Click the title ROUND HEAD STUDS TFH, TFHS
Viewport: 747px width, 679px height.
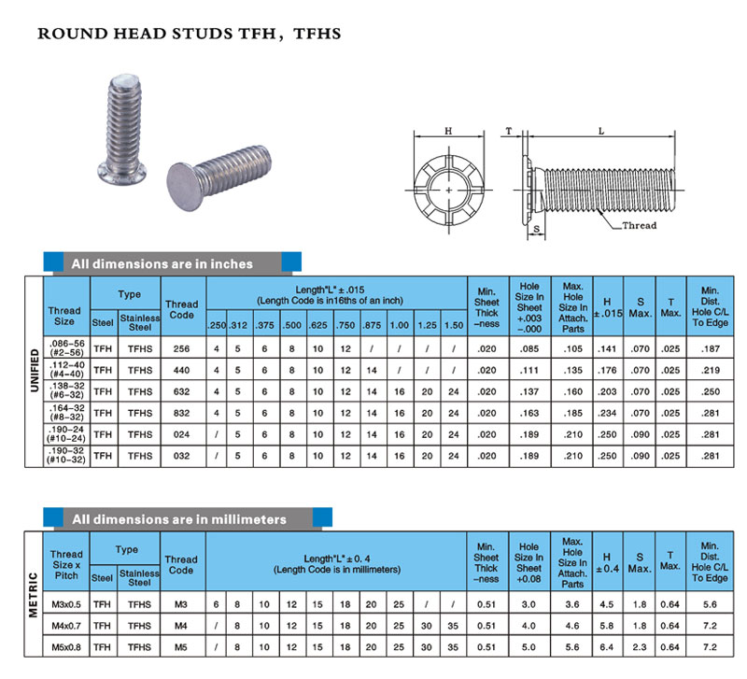[x=190, y=34]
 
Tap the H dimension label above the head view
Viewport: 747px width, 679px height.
[x=448, y=132]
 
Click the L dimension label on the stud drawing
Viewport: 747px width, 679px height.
[x=602, y=132]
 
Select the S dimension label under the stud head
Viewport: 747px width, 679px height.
[x=536, y=229]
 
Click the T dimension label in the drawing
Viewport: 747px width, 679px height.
[x=508, y=132]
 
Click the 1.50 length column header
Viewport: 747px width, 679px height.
[x=453, y=324]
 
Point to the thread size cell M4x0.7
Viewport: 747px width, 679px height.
[x=65, y=625]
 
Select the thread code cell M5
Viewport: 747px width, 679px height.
[x=181, y=646]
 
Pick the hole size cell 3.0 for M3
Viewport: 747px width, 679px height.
[x=529, y=603]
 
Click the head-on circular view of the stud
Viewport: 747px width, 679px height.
[x=448, y=190]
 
